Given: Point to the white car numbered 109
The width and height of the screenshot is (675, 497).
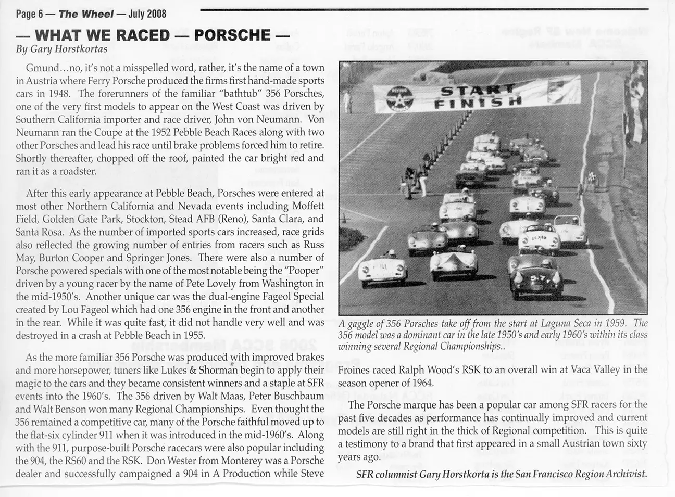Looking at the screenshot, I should click(536, 239).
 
